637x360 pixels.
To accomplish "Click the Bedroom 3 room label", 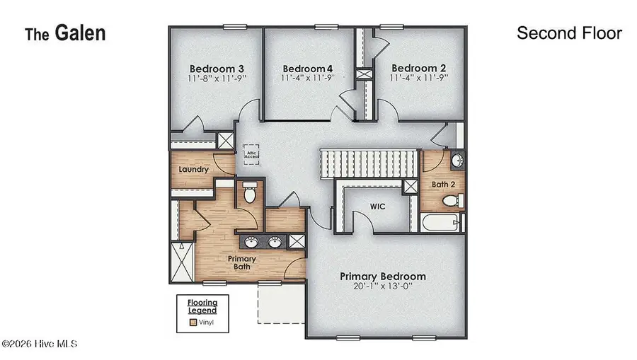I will coord(210,69).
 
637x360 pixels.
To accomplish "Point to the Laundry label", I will coord(193,170).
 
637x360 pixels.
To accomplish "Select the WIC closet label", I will coord(377,207).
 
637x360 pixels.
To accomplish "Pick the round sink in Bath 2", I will coord(457,159).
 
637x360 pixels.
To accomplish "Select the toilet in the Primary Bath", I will coord(249,193).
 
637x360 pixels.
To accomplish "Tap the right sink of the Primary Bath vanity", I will coord(275,243).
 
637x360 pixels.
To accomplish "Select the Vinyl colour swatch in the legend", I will coord(193,323).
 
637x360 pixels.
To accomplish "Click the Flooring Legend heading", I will coord(202,306).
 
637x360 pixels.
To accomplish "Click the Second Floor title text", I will coord(569,33).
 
